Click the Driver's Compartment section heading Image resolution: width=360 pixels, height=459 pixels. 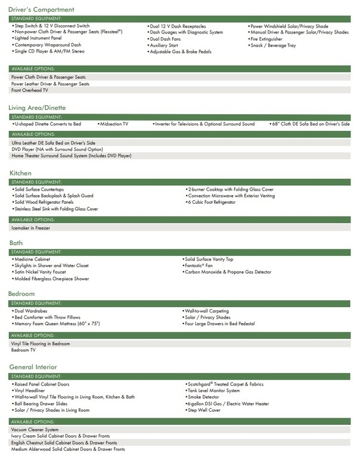pyautogui.click(x=42, y=10)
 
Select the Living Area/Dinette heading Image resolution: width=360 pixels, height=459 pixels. pyautogui.click(x=37, y=108)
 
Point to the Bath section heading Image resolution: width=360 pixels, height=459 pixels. pyautogui.click(x=16, y=243)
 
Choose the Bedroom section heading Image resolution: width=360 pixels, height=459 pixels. pyautogui.click(x=21, y=294)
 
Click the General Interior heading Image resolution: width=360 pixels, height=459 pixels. pyautogui.click(x=33, y=366)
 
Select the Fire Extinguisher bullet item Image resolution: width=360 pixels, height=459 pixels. pyautogui.click(x=266, y=39)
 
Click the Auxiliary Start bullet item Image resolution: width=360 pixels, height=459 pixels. pyautogui.click(x=165, y=45)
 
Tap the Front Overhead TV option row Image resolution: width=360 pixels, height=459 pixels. pyautogui.click(x=30, y=90)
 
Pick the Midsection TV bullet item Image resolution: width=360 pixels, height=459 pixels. pyautogui.click(x=115, y=124)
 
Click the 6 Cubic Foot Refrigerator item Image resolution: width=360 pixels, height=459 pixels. pyautogui.click(x=212, y=202)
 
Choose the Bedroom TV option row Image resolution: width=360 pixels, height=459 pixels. pyautogui.click(x=24, y=350)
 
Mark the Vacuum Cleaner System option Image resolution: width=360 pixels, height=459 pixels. pyautogui.click(x=35, y=429)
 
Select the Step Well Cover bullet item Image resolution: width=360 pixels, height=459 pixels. pyautogui.click(x=205, y=411)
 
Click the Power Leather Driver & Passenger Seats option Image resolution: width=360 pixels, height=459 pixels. pyautogui.click(x=50, y=84)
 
